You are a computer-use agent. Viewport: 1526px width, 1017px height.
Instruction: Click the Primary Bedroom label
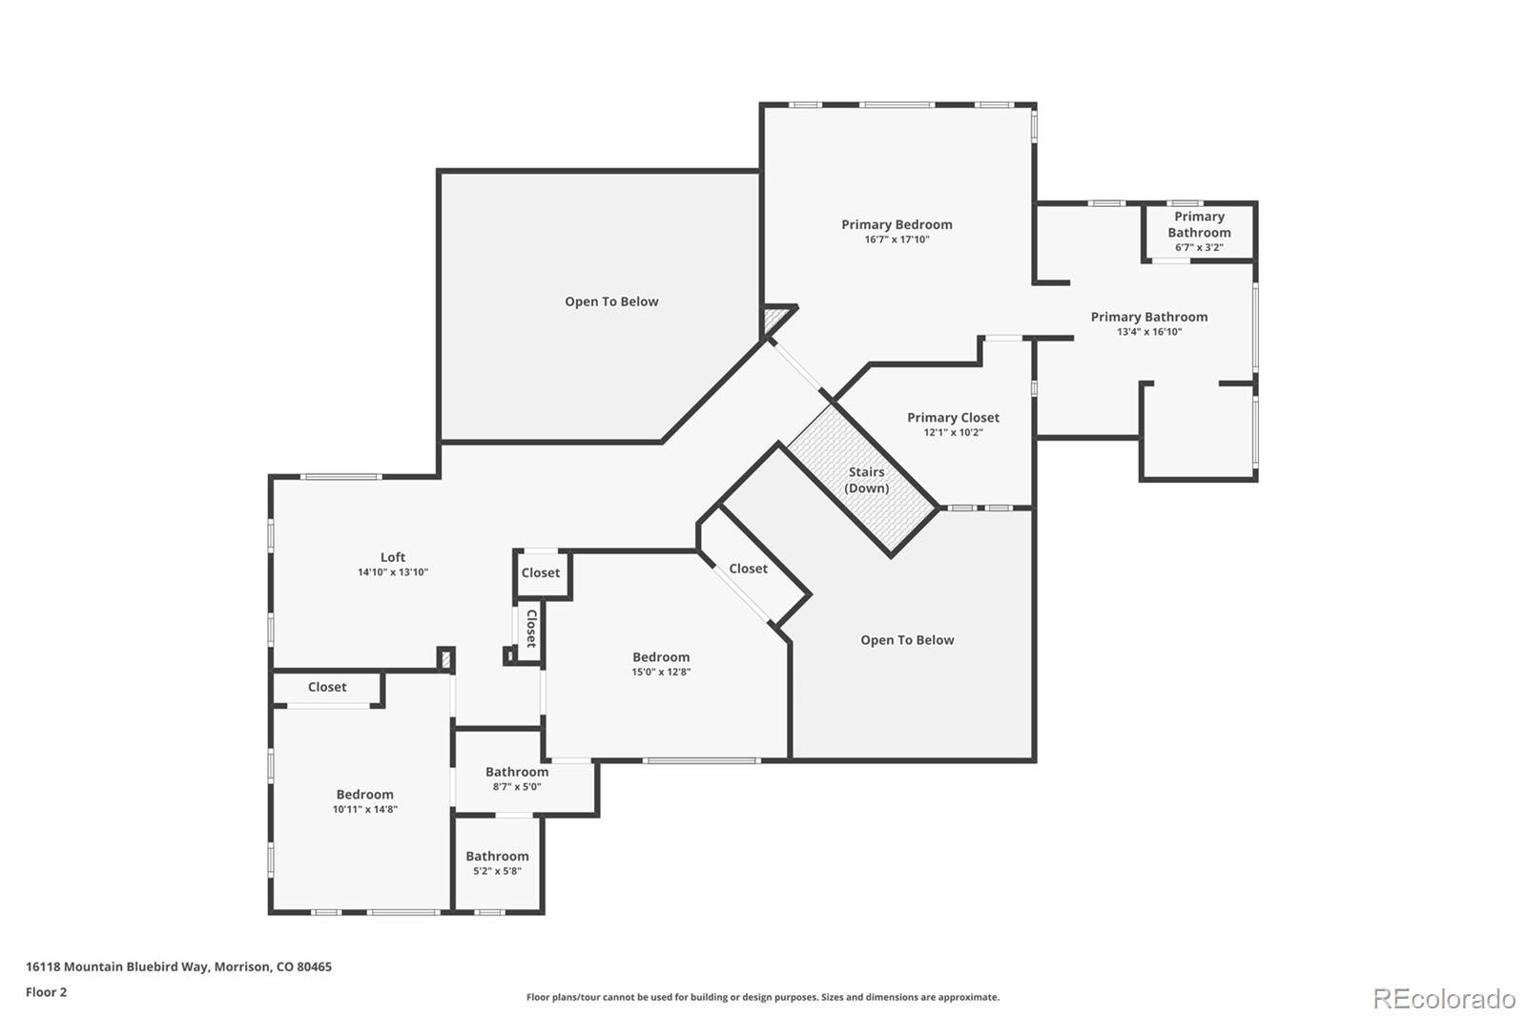897,225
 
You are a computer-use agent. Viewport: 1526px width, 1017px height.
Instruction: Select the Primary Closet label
953,418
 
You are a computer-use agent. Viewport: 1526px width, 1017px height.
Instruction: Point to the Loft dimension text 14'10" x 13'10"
393,572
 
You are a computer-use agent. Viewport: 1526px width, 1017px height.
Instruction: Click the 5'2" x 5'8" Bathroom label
497,857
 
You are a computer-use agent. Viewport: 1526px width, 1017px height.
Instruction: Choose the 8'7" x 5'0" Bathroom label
517,773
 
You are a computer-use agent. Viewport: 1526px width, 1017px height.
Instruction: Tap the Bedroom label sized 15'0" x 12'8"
661,657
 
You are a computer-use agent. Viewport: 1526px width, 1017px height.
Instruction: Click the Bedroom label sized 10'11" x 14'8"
364,795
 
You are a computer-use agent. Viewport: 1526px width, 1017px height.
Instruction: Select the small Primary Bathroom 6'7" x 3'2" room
1199,231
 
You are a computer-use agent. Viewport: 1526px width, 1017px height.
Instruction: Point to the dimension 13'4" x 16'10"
1149,332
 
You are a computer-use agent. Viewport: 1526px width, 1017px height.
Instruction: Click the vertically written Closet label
531,629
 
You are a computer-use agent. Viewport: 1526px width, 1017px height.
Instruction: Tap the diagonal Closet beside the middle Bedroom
748,569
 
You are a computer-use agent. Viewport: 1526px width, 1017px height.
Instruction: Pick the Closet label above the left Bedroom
327,687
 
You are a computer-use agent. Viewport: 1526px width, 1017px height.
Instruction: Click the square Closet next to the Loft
541,573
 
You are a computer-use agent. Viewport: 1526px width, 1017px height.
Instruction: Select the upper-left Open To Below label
611,301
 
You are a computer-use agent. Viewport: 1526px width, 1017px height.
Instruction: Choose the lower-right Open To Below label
907,640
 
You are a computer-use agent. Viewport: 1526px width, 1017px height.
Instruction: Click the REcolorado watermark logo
1443,998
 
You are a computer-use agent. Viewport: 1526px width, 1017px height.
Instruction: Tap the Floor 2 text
46,992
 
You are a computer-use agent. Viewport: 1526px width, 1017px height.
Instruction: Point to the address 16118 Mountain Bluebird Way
178,966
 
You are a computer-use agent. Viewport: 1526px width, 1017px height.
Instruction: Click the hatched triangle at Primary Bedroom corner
774,318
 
